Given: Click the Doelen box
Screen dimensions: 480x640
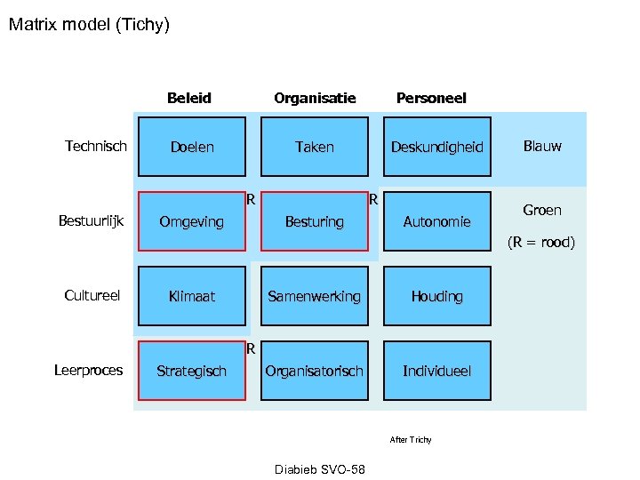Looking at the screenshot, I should [192, 147].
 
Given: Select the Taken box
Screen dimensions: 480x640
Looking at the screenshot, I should [314, 147].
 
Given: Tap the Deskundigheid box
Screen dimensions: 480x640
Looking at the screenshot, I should [436, 147].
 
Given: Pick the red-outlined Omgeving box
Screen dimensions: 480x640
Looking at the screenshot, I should [191, 221].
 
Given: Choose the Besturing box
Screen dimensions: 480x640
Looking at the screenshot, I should [314, 221].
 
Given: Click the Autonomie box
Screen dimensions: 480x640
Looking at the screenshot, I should [436, 221].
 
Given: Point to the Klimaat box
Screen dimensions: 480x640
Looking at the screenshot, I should [192, 296].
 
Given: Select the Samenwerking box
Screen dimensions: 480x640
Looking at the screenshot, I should [314, 296].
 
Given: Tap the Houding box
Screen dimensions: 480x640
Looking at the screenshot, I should [436, 296].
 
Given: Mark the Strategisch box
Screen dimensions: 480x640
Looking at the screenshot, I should [191, 371].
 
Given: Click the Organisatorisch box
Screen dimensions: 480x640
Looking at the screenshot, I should [314, 371].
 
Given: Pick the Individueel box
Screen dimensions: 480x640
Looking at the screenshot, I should [436, 371].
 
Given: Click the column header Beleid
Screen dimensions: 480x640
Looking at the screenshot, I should [189, 98].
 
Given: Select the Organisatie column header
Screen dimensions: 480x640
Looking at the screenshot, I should [315, 98].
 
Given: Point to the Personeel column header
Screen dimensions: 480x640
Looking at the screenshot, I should [431, 98].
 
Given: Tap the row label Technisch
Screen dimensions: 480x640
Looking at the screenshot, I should [96, 146].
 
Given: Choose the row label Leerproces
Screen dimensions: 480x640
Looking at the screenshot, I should [89, 370].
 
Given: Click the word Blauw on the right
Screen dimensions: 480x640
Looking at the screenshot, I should [542, 146].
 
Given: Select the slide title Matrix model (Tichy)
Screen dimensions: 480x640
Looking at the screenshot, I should [89, 24].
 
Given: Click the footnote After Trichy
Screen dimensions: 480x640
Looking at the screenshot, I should [411, 440].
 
